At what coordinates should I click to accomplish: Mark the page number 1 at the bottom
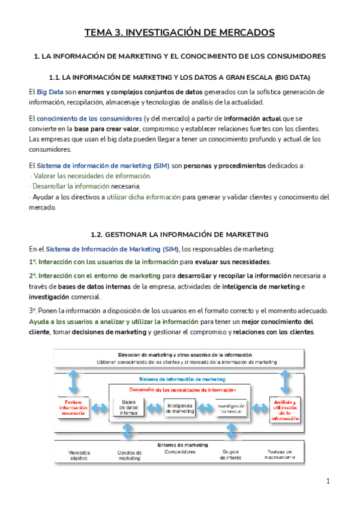[328, 481]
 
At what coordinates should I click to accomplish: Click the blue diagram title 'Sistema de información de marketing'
[182, 380]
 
